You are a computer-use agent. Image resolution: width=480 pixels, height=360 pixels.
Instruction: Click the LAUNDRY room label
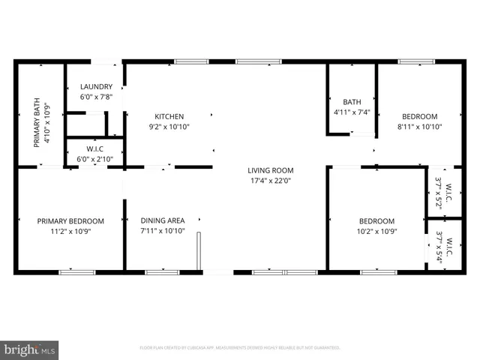coord(96,86)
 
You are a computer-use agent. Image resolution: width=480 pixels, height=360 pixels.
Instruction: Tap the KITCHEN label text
coord(169,116)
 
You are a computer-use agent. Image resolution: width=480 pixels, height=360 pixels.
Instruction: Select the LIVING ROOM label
coord(271,170)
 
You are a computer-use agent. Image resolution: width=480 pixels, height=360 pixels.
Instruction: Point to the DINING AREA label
coord(163,220)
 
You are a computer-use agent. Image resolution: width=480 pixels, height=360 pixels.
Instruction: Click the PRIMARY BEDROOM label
coord(70,221)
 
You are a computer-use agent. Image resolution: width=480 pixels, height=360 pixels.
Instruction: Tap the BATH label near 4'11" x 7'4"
coord(352,102)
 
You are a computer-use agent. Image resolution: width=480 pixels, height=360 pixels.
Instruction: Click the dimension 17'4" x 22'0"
coord(271,181)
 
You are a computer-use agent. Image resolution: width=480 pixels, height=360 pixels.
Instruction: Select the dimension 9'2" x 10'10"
coord(169,127)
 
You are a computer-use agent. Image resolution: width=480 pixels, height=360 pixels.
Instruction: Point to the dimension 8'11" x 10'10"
coord(419,127)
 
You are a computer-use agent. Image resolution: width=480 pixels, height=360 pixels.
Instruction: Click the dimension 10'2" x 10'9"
coord(376,232)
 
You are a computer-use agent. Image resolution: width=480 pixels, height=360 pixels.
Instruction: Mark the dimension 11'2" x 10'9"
coord(70,232)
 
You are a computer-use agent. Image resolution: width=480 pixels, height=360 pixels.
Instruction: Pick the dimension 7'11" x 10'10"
coord(163,232)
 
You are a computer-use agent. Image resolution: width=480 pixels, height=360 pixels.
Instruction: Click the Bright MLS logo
coord(30,349)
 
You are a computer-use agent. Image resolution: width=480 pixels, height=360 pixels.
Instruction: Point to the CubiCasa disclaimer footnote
coord(240,348)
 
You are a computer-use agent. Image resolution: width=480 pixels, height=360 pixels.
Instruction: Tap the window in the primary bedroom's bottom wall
coord(72,271)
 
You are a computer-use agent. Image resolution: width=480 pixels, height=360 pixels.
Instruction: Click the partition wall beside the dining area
coord(199,251)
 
